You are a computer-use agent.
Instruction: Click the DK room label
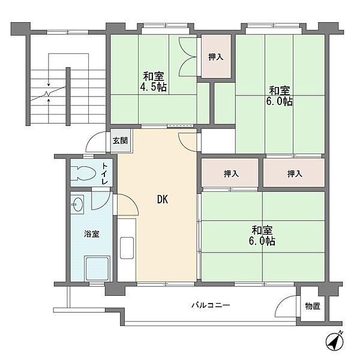pos(163,200)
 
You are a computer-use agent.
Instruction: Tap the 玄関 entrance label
pos(120,140)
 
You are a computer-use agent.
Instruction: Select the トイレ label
pos(104,173)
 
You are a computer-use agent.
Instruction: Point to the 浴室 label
pos(92,234)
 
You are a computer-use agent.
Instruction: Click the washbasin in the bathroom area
pos(77,205)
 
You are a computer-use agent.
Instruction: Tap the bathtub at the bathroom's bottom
pos(97,268)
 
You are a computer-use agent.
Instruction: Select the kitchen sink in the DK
pos(127,248)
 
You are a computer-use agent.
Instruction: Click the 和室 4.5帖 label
pos(154,82)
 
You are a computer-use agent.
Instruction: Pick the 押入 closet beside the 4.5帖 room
pos(216,57)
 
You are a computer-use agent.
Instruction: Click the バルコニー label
pos(211,305)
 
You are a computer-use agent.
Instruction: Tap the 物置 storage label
pos(313,306)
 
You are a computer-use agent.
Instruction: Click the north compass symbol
pos(335,341)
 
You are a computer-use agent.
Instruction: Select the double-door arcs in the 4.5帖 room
pos(187,57)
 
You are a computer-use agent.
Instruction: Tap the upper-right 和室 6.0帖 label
pos(279,96)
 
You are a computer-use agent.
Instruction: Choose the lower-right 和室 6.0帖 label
pos(262,236)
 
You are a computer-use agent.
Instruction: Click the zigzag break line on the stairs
pos(48,94)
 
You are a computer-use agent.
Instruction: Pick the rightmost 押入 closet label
pos(295,173)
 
